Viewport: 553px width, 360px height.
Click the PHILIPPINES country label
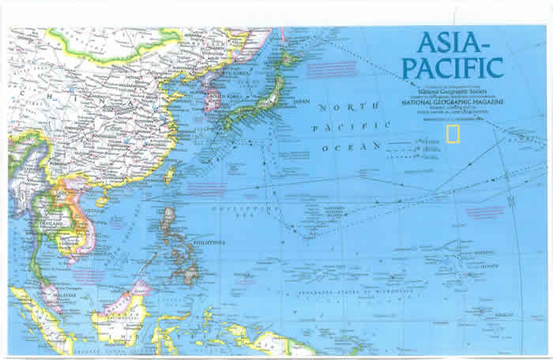(209, 242)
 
